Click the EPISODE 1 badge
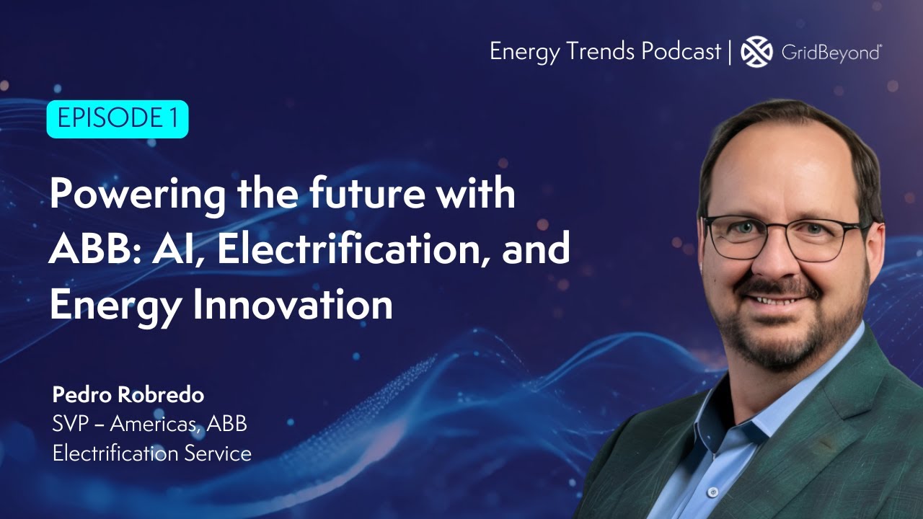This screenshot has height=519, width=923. [x=117, y=119]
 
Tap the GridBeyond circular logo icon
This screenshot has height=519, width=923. [x=756, y=51]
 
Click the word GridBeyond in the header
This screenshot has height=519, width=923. [x=831, y=52]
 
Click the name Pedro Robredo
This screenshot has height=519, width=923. [x=128, y=395]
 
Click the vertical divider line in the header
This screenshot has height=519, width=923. [x=731, y=52]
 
